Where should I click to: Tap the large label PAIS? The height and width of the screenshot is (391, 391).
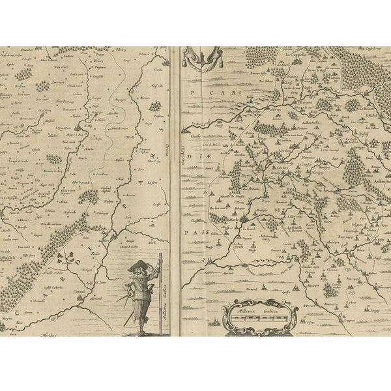pos(194,232)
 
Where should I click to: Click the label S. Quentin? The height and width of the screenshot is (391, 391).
pos(68,128)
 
